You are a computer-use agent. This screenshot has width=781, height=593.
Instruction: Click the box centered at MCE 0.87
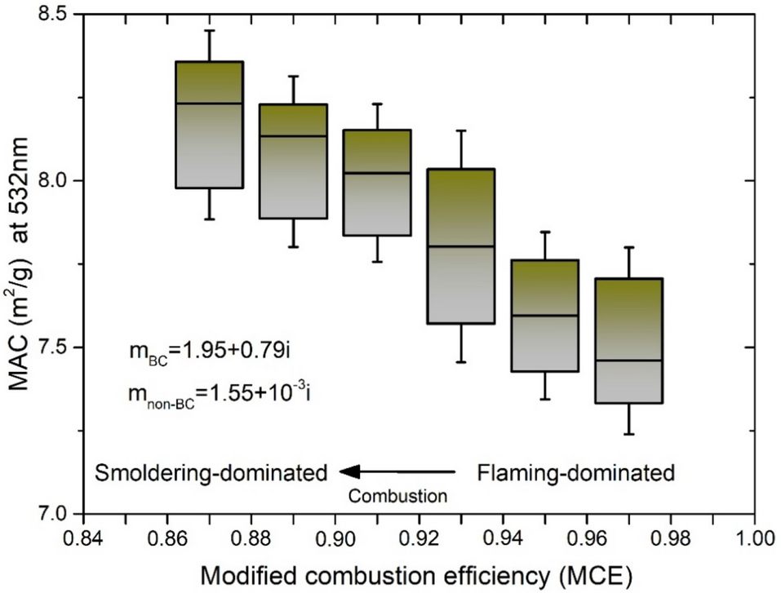[210, 125]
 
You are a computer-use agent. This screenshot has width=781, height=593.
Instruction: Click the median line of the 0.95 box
[545, 315]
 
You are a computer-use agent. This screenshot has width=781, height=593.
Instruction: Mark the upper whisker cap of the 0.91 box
[377, 104]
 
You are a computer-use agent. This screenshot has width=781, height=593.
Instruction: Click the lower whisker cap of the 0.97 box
[628, 434]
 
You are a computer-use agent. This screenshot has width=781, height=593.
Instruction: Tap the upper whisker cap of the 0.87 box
[210, 30]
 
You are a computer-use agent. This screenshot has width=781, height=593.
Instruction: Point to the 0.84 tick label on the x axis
[82, 540]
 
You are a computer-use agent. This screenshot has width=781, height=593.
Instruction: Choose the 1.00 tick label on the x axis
[753, 540]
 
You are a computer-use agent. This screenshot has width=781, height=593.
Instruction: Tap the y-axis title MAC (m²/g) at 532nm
[18, 263]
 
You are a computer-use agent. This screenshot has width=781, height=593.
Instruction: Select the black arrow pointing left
[397, 471]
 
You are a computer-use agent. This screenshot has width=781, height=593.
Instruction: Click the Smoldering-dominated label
[211, 472]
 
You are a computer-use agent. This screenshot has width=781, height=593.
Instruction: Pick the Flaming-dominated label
[575, 472]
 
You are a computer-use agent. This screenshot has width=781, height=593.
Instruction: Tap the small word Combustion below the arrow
[397, 494]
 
